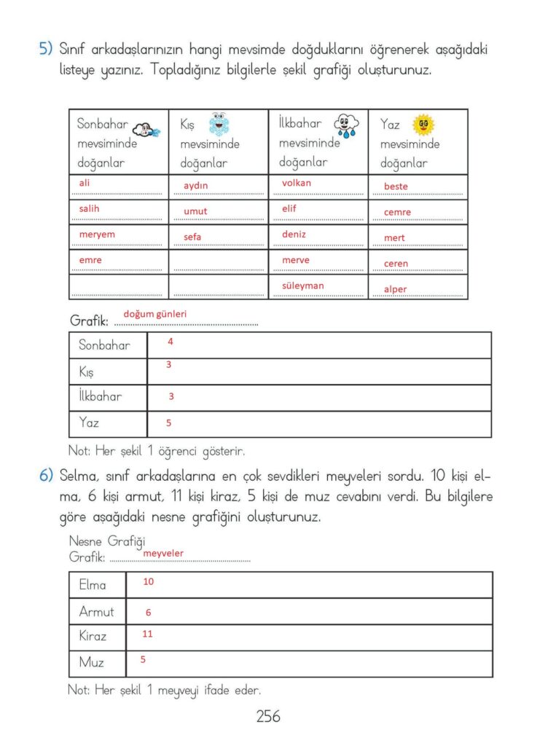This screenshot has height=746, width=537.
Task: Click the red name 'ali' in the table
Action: click(x=85, y=184)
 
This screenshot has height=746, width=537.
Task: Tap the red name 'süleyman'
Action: click(x=302, y=286)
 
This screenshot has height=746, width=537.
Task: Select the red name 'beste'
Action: click(x=396, y=186)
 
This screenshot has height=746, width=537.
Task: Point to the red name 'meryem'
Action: click(x=97, y=235)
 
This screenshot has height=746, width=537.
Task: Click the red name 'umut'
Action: click(x=195, y=211)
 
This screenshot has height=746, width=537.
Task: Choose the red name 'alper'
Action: click(x=396, y=289)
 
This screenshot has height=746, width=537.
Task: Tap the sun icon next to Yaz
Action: click(x=423, y=125)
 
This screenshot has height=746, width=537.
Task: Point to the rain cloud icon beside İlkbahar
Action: click(x=346, y=124)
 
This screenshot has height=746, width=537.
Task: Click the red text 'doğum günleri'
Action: click(x=155, y=314)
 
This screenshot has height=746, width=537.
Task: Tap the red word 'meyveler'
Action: click(x=163, y=554)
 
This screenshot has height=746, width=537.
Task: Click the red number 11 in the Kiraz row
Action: click(x=147, y=634)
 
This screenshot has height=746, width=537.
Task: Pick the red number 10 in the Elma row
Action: click(x=148, y=582)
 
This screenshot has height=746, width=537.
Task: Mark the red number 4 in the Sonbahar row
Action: click(x=170, y=341)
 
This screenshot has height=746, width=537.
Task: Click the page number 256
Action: click(x=267, y=716)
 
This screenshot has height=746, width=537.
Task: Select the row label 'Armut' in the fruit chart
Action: click(x=96, y=612)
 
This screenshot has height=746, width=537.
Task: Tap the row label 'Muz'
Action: click(x=91, y=662)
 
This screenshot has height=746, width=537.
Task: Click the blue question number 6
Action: click(x=46, y=475)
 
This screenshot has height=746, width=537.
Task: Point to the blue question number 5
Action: click(x=45, y=50)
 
